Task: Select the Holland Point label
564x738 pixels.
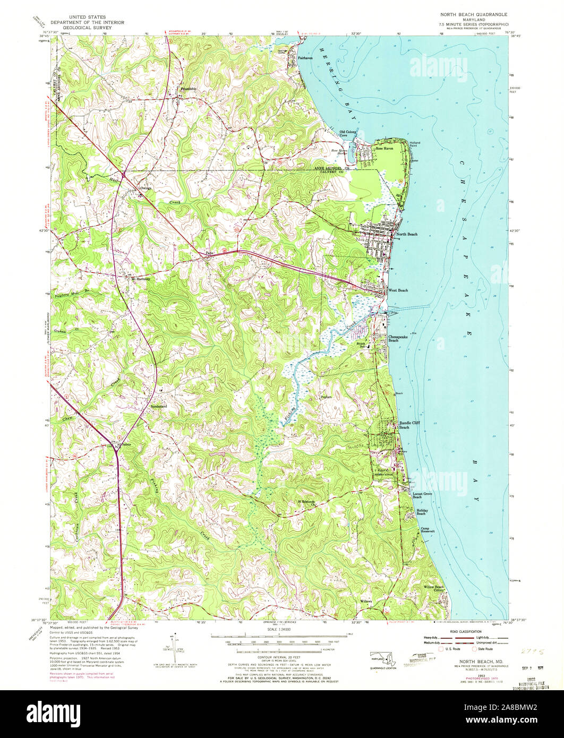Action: tap(415, 144)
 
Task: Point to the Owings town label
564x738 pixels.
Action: tap(146, 188)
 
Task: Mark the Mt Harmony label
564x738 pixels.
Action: tap(141, 278)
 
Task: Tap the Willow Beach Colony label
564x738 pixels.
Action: tap(433, 588)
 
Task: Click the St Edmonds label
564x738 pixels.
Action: tap(306, 501)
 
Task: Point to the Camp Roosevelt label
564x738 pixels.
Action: tap(428, 530)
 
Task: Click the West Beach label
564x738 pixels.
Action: tap(398, 290)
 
